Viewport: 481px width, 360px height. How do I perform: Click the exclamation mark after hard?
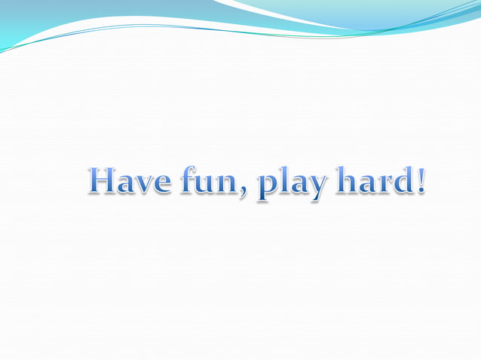tap(420, 181)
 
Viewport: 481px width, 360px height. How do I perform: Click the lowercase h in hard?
tap(348, 181)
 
